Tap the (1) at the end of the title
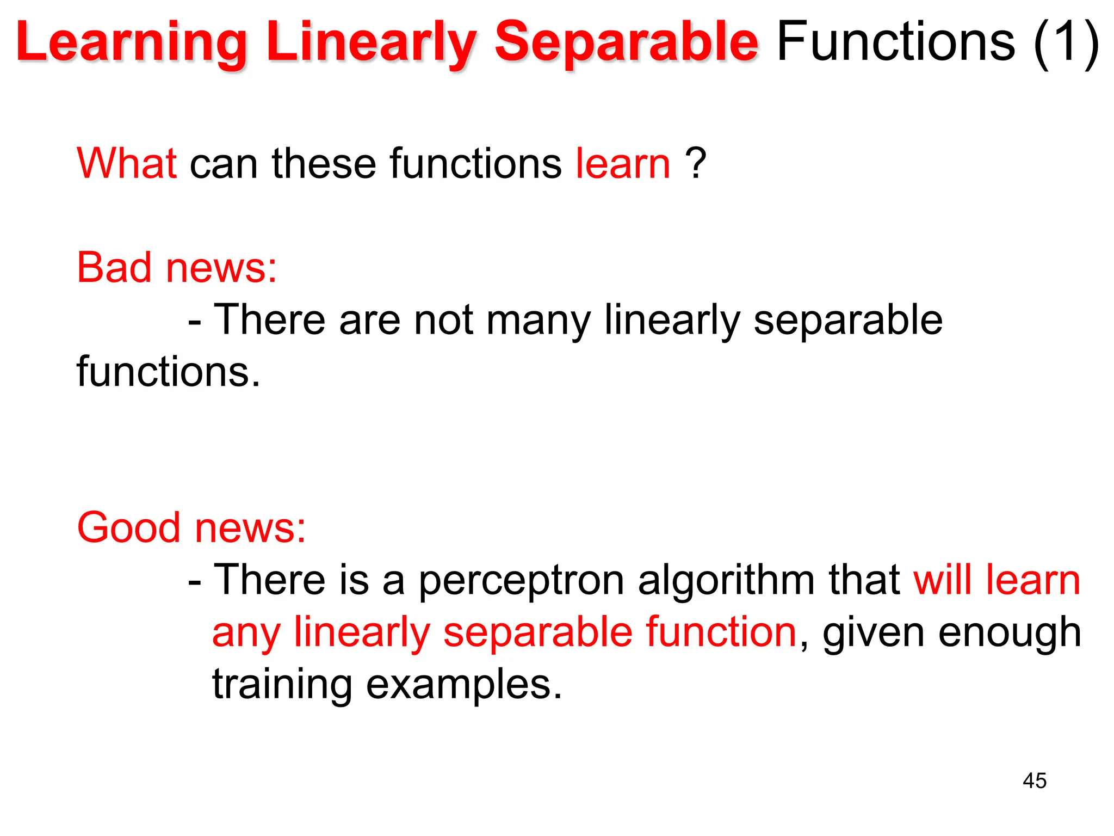(1066, 42)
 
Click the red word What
(126, 163)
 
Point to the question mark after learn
(696, 163)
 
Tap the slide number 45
(1034, 781)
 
